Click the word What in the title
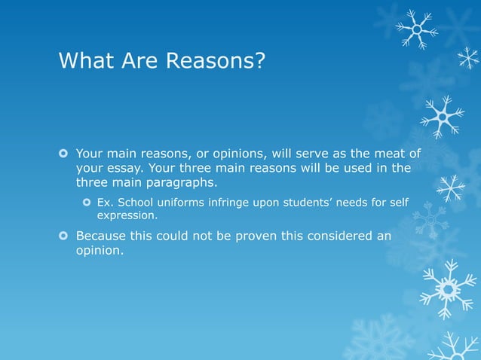(85, 59)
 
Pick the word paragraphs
(182, 182)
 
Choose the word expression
(127, 216)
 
